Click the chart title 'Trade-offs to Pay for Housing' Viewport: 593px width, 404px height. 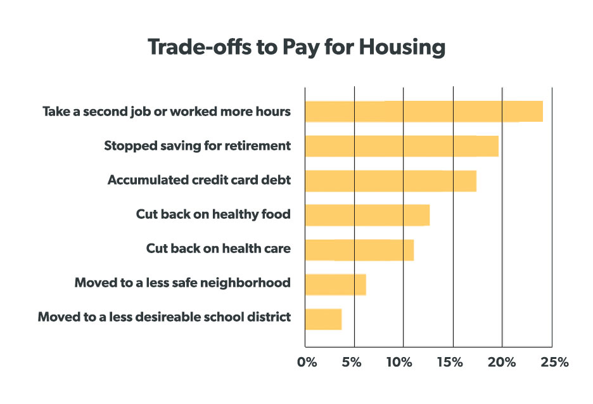click(x=296, y=48)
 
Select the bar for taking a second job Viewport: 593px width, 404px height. click(x=424, y=112)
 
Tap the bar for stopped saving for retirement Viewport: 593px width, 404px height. click(x=402, y=146)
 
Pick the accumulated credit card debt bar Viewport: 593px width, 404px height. click(x=391, y=181)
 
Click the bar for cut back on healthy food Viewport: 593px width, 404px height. click(x=367, y=215)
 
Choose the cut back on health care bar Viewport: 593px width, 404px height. click(x=359, y=250)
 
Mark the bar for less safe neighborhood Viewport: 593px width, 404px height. click(x=335, y=284)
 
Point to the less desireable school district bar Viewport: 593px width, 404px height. click(x=323, y=319)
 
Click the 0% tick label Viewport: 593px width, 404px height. click(x=307, y=362)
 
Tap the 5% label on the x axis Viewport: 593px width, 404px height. click(x=352, y=362)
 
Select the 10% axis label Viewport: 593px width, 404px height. click(x=399, y=362)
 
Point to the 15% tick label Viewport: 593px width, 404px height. click(x=450, y=362)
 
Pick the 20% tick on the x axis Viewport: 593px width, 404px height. click(x=502, y=362)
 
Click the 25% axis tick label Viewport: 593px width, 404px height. click(x=554, y=362)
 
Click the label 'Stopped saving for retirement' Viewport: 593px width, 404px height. click(x=198, y=146)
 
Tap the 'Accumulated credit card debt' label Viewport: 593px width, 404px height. click(x=200, y=180)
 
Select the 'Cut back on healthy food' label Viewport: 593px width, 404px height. click(x=214, y=214)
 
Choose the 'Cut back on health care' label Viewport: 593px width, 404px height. click(x=219, y=249)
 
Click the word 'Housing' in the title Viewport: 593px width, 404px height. click(x=402, y=48)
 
